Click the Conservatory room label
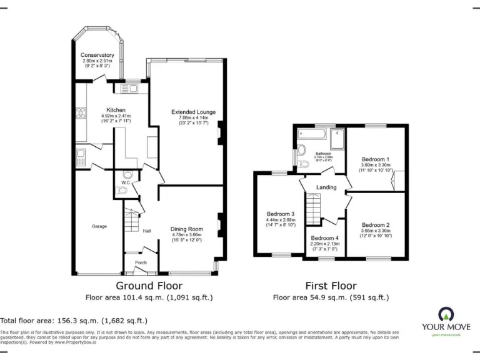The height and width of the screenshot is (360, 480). (x=97, y=55)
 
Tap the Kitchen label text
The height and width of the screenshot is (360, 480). (x=116, y=110)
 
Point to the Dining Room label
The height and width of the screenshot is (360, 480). (x=187, y=229)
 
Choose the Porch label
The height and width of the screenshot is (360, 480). (x=141, y=262)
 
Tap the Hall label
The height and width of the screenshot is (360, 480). (x=147, y=231)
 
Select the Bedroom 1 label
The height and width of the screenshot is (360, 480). (x=375, y=159)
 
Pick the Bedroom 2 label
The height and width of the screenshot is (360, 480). (x=375, y=225)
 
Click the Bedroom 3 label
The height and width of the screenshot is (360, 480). (x=280, y=214)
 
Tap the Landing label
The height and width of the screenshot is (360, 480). (x=326, y=187)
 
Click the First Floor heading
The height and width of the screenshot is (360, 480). (x=331, y=285)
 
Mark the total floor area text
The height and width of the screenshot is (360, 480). (x=74, y=319)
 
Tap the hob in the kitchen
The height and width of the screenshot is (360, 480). (x=81, y=114)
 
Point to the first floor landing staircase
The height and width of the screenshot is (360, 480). (x=312, y=207)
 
